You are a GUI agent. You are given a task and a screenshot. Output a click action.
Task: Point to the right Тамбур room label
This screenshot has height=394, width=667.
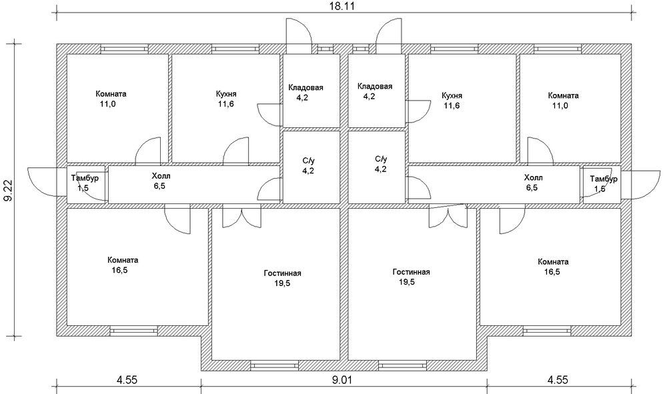pyautogui.click(x=604, y=183)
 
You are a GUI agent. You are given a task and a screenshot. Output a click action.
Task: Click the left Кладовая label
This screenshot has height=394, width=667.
pyautogui.click(x=306, y=92)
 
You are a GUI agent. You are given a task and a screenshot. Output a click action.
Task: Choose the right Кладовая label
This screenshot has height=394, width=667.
pyautogui.click(x=374, y=91)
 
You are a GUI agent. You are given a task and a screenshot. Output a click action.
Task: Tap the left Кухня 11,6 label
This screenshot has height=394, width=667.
pyautogui.click(x=227, y=99)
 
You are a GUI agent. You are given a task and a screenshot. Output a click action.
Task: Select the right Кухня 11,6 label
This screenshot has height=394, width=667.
pyautogui.click(x=452, y=100)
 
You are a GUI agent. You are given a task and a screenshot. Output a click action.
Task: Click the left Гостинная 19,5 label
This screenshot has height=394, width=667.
pyautogui.click(x=281, y=278)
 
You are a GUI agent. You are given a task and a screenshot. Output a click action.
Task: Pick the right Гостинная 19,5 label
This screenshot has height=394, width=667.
pyautogui.click(x=411, y=277)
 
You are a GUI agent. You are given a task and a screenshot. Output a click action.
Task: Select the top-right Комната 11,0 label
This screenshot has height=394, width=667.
pyautogui.click(x=564, y=100)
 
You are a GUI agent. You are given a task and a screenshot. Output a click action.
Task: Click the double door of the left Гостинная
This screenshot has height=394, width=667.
pyautogui.click(x=242, y=217)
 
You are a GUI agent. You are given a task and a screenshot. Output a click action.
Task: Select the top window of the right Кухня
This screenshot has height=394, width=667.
pyautogui.click(x=452, y=48)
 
